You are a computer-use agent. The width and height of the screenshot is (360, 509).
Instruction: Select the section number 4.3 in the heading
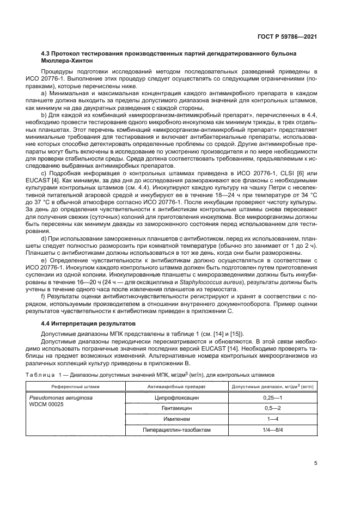pos(47,54)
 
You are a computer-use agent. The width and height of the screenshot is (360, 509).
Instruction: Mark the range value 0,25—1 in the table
pos(272,397)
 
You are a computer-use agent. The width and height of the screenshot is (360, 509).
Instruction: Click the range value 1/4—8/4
pos(272,430)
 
